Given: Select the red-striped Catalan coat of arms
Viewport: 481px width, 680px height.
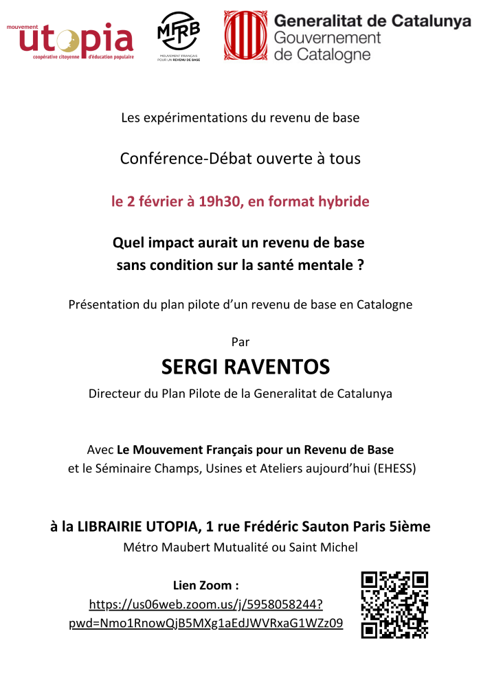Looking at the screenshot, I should [x=245, y=36].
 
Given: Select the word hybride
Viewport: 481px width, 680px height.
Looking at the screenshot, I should [x=343, y=201].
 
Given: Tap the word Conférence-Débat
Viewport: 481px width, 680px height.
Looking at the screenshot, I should [x=172, y=158].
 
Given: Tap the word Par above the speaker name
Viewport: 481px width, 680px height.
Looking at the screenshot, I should [x=240, y=342].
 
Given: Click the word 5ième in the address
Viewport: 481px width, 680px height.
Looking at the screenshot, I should [x=412, y=527].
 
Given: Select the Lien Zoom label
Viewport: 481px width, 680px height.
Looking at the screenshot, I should [x=206, y=585].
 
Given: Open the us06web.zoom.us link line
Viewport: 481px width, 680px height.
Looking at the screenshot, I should [x=206, y=604].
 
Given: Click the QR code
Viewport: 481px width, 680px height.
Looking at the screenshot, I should [x=394, y=604].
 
